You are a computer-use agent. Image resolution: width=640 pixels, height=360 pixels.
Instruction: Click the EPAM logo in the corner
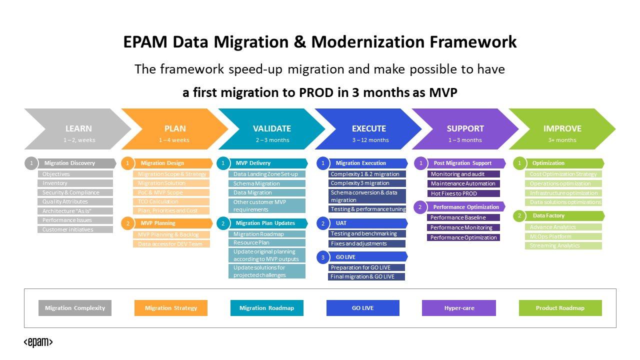38,342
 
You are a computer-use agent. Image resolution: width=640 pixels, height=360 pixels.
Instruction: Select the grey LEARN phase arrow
75,129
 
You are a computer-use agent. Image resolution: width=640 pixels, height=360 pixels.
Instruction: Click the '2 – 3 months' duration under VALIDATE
272,140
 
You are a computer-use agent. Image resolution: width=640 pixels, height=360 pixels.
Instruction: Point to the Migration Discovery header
69,163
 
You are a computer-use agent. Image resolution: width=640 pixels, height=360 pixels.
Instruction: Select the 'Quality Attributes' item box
75,201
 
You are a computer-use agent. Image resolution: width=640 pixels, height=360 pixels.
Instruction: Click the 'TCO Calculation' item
171,201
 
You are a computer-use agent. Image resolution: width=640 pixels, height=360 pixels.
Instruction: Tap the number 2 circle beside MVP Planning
128,223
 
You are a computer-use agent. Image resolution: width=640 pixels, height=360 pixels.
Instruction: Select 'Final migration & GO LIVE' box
367,276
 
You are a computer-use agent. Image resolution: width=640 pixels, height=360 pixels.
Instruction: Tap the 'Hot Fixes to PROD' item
463,193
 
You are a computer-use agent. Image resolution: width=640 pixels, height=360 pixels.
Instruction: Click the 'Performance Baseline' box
463,217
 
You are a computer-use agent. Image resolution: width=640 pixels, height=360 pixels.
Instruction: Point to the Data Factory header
548,216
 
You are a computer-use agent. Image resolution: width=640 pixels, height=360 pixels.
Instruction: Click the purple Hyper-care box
459,308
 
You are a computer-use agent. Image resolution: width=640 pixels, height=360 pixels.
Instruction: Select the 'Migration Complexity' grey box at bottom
75,308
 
